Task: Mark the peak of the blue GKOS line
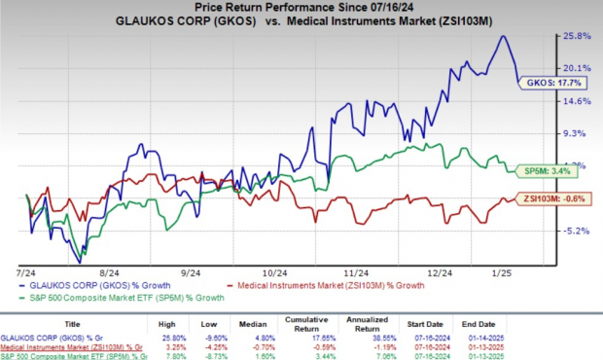503,36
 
